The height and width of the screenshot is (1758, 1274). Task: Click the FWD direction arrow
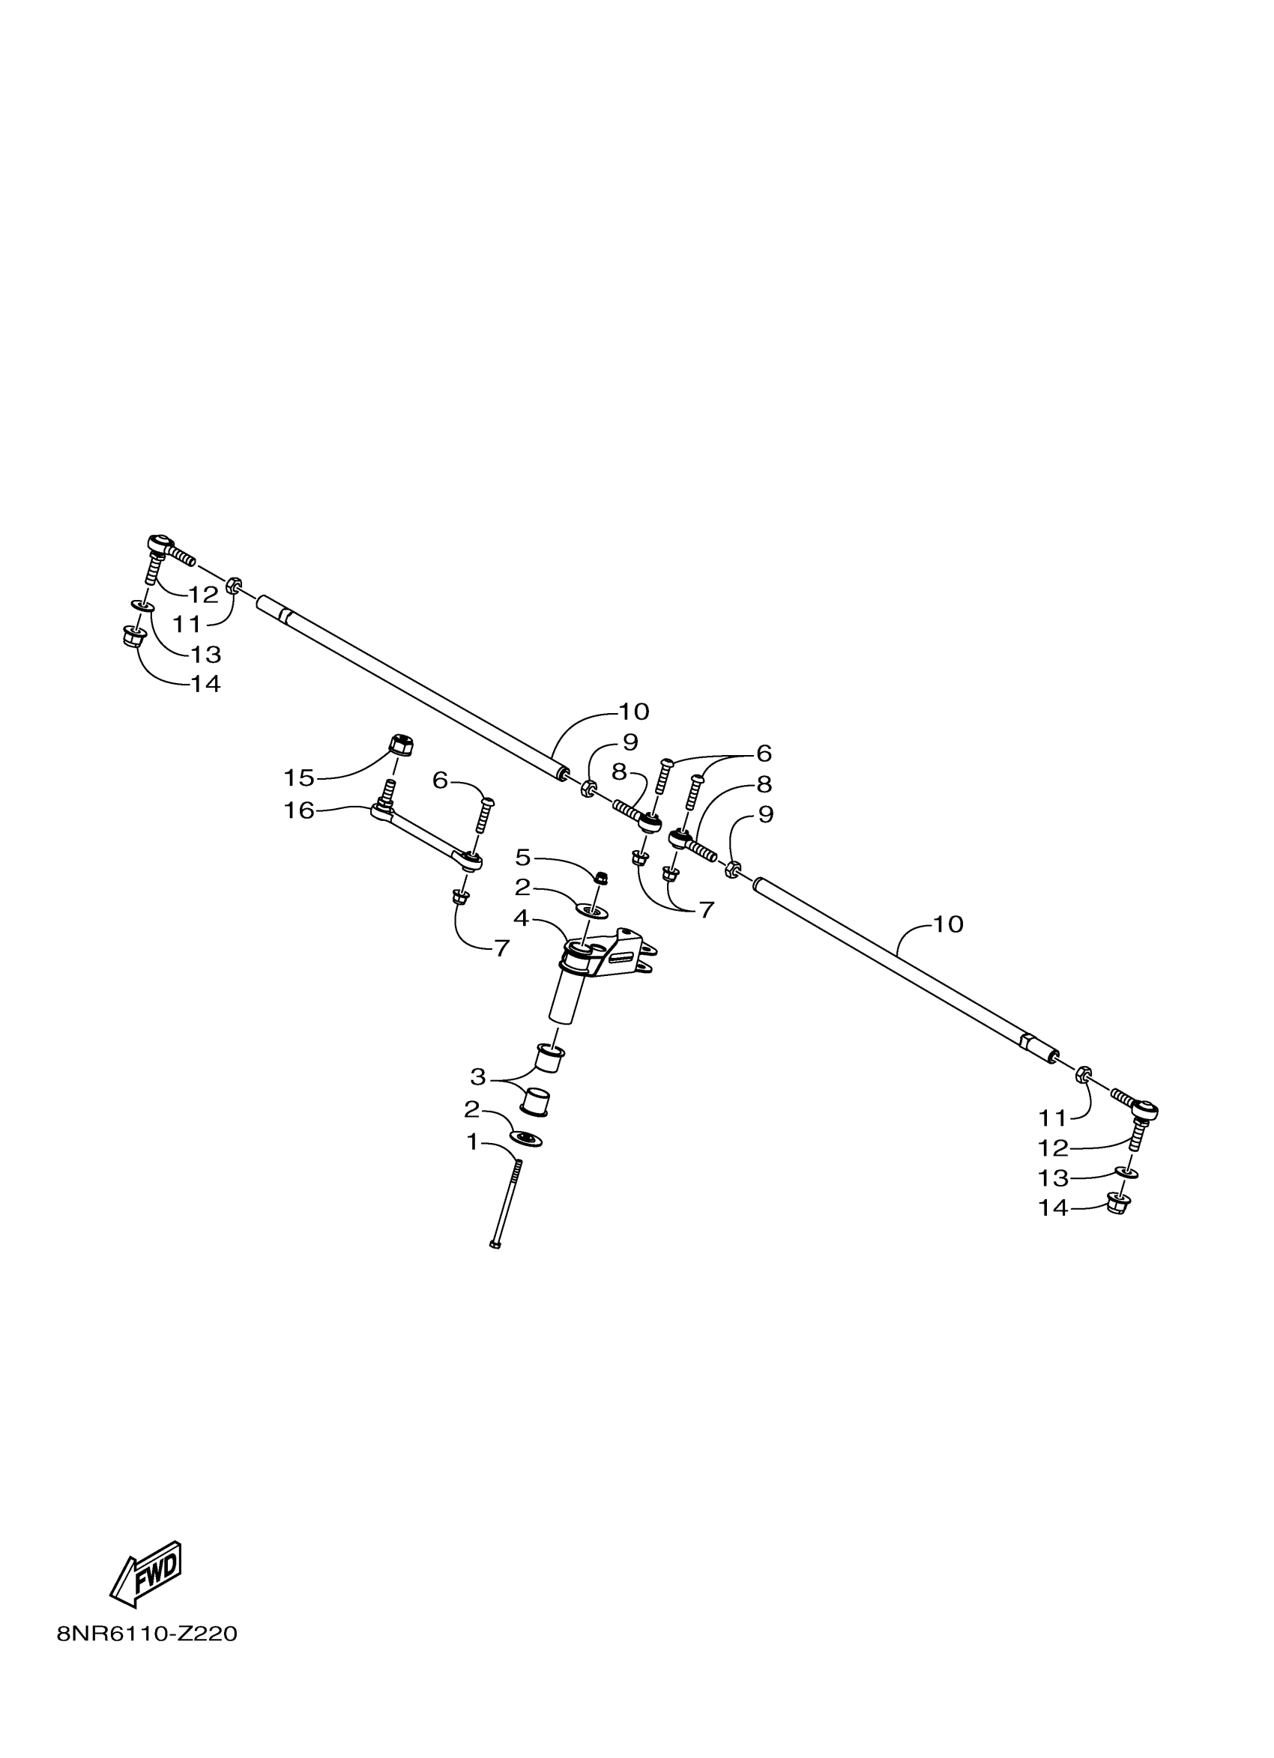click(x=147, y=1574)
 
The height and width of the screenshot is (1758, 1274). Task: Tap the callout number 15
click(x=298, y=777)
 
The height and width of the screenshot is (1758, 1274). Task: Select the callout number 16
click(x=299, y=810)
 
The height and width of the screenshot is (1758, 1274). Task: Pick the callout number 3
click(x=477, y=1076)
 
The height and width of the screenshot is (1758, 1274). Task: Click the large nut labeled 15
click(x=400, y=747)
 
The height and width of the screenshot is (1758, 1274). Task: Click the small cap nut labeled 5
click(x=600, y=877)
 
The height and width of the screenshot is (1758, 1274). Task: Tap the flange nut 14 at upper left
click(x=135, y=638)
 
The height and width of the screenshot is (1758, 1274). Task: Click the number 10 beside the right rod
click(x=947, y=924)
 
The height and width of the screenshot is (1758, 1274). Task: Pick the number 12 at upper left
click(x=204, y=595)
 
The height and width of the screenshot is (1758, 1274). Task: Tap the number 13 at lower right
click(x=1053, y=1178)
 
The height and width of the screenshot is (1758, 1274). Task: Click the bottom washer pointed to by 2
click(x=526, y=1139)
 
